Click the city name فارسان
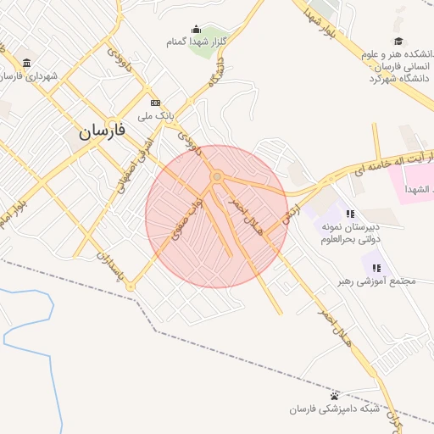coord(103,131)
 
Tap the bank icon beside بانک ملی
coord(155,103)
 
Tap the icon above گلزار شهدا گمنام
coord(197,29)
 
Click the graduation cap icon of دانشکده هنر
coord(398,42)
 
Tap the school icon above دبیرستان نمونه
coord(350,213)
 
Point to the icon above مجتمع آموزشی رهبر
coord(376,268)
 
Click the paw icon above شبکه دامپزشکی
coord(335,397)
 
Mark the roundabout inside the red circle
coord(218,176)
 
